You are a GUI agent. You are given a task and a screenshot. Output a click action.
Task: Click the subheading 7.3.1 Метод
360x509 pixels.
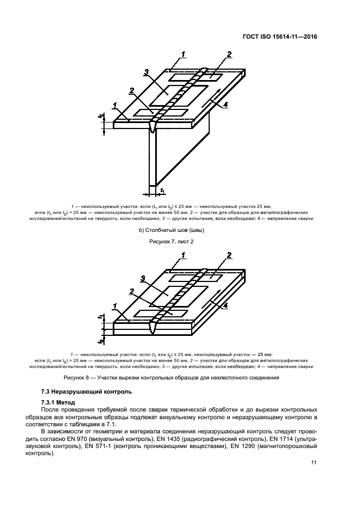(x=60, y=402)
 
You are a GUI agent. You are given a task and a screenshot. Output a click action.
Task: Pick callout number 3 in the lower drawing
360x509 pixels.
(x=143, y=279)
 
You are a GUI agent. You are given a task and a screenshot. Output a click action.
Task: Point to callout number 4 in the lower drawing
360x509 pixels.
(x=225, y=306)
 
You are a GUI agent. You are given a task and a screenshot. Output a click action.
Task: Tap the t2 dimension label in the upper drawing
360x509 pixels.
(x=101, y=115)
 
